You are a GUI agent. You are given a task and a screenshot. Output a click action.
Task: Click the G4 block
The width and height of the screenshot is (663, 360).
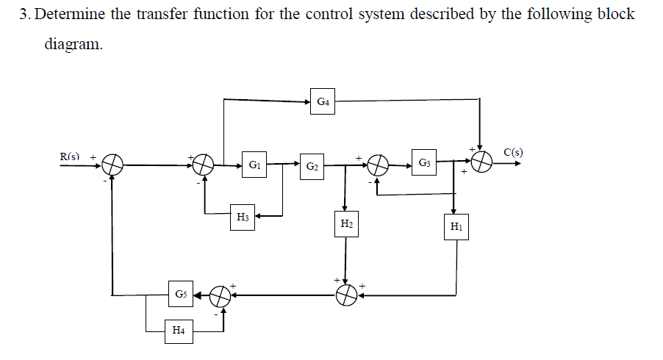(323, 101)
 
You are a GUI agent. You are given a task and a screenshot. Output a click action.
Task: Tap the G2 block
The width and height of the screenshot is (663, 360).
(312, 165)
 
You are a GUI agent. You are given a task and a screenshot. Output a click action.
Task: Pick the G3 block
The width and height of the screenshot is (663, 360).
(424, 162)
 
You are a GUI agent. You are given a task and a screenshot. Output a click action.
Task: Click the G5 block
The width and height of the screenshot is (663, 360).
(180, 295)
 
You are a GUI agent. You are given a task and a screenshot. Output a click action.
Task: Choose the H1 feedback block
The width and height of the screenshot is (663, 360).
(456, 227)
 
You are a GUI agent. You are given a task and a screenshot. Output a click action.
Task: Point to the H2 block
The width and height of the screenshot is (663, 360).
(345, 223)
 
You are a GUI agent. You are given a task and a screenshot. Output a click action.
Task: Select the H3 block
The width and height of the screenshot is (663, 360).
(243, 217)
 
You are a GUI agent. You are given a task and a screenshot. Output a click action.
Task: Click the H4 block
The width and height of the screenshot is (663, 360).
(179, 331)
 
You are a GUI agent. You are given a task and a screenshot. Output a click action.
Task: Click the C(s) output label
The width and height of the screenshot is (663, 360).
(514, 152)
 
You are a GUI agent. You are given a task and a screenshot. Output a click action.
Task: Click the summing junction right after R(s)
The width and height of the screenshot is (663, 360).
(112, 165)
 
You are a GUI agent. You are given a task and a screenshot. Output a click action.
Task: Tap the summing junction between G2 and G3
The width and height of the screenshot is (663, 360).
(377, 165)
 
